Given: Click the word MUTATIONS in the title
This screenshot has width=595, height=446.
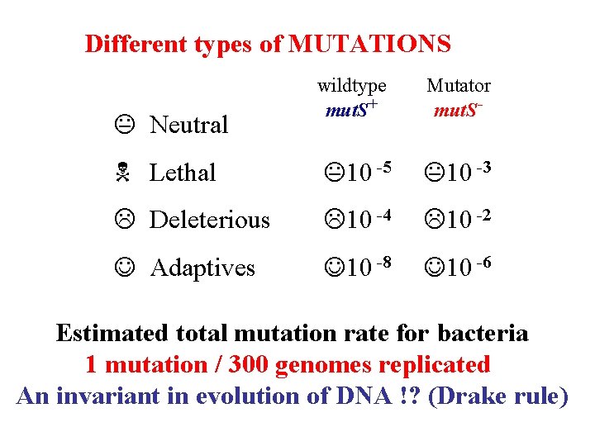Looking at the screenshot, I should pos(369,44).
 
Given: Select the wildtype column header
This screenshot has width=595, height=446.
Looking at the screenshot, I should pos(352,86).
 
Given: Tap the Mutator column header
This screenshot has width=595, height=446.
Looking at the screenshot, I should pos(459,86).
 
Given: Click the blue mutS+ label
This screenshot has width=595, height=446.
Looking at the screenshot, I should pos(351,108).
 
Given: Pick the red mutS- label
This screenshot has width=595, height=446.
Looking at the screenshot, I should pos(459,108).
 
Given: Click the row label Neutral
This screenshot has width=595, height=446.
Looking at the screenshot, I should pos(188,126).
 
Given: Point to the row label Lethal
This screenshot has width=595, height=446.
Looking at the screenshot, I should pos(182,173).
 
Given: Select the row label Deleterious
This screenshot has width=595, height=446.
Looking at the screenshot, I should pos(209,221).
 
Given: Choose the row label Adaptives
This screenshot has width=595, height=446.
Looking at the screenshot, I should pos(202,268).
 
